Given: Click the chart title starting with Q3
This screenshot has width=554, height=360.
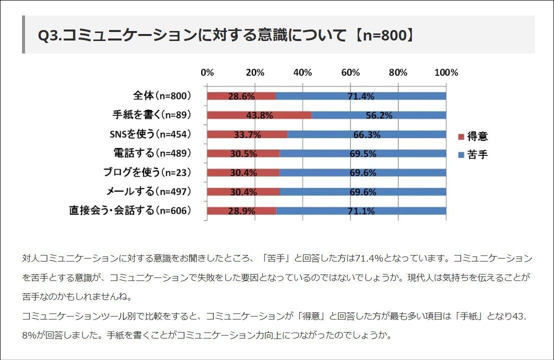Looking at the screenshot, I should tap(225, 35).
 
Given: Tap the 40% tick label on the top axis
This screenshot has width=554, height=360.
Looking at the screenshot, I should tap(303, 72).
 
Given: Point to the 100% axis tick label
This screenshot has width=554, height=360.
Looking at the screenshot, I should tap(446, 72).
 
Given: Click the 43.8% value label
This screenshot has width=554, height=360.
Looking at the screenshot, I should tap(259, 115).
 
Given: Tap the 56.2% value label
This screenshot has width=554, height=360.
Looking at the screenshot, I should tap(379, 115).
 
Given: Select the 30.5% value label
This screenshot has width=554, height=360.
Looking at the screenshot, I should tap(243, 153).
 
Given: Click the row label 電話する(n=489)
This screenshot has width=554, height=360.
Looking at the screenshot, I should tap(153, 153).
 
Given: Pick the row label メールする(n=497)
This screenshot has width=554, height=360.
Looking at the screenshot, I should tap(149, 191).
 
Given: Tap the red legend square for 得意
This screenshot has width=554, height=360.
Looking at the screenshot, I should tap(461, 136).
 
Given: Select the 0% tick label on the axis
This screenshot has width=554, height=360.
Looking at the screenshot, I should tap(207, 72).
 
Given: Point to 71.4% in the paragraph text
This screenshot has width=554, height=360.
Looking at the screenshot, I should tap(369, 258).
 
